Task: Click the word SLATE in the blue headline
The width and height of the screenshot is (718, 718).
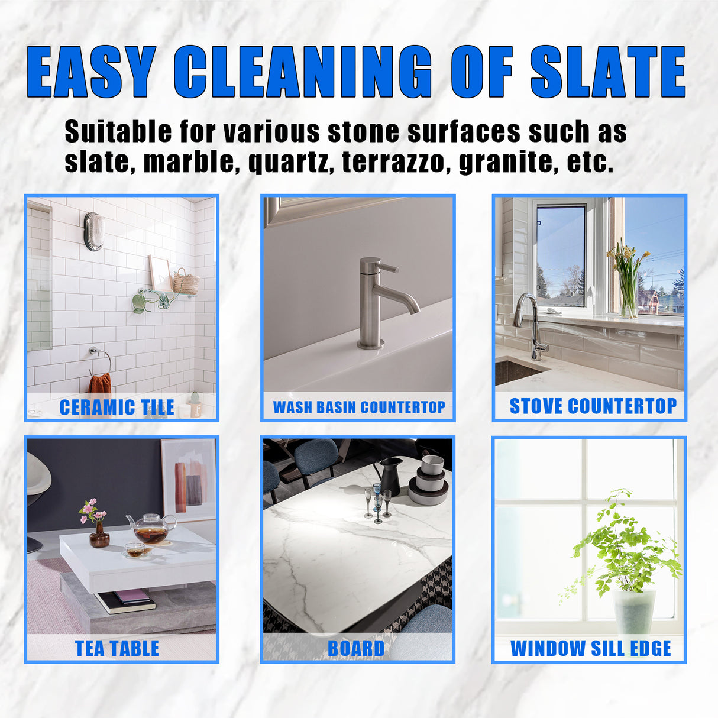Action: [607, 72]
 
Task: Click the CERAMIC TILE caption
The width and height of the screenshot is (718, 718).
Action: [117, 407]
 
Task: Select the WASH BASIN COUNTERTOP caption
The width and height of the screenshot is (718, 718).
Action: [358, 407]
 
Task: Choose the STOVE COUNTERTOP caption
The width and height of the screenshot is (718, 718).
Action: [593, 406]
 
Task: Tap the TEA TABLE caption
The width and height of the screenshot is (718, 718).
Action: [117, 649]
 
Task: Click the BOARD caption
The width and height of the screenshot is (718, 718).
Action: [356, 649]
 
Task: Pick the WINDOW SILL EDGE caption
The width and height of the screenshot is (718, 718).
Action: [590, 649]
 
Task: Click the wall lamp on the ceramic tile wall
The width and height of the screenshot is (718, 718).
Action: [94, 231]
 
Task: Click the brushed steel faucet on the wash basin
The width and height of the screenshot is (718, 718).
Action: [379, 302]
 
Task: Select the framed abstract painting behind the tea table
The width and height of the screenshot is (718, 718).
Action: [188, 479]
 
